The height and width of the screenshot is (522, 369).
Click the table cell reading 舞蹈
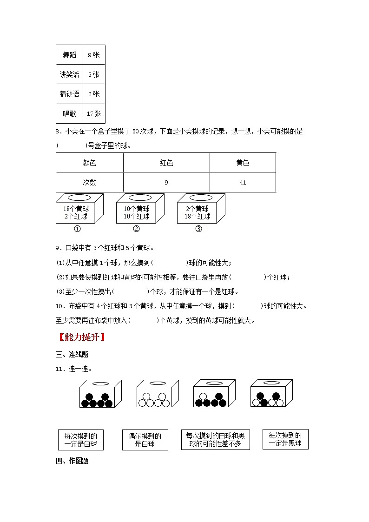tap(69, 55)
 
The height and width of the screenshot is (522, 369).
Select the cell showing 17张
tap(94, 113)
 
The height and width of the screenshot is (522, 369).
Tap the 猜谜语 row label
tap(69, 94)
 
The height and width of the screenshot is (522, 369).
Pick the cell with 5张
tap(94, 74)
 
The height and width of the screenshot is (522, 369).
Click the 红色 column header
tap(166, 163)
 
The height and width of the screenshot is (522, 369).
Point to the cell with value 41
tap(243, 182)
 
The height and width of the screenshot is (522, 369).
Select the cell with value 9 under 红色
tap(166, 182)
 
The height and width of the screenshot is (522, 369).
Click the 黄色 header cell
tap(243, 163)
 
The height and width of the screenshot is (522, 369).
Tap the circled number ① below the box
tap(78, 229)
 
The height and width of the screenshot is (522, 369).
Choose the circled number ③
tap(198, 229)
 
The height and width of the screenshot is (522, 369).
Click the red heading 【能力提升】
tap(80, 337)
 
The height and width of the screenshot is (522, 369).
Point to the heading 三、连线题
tap(72, 355)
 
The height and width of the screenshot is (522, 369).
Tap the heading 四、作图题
tap(72, 461)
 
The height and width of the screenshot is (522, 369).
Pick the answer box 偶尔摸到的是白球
tap(145, 440)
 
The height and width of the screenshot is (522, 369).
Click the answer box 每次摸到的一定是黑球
tap(285, 439)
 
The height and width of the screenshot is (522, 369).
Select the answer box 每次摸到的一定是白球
tap(81, 440)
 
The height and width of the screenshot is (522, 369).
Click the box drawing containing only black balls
tap(100, 394)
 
